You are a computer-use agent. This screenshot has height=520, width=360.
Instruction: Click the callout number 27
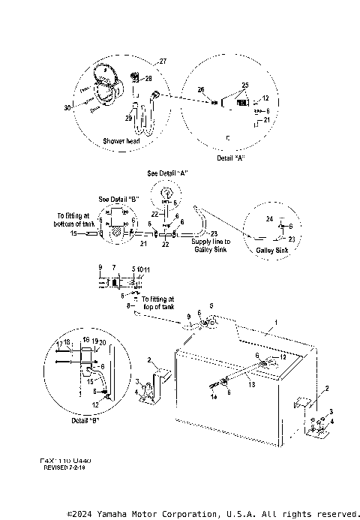pyautogui.click(x=164, y=61)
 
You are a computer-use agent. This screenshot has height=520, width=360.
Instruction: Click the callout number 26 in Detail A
pyautogui.click(x=200, y=90)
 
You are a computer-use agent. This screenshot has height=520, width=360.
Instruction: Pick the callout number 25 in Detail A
pyautogui.click(x=244, y=85)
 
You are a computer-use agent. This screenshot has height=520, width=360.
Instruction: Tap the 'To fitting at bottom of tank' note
pyautogui.click(x=73, y=219)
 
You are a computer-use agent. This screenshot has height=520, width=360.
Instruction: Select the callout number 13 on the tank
pyautogui.click(x=251, y=383)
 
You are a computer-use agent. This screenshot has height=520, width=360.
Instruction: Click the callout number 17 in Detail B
pyautogui.click(x=59, y=344)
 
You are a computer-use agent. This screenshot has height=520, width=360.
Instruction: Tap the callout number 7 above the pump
pyautogui.click(x=113, y=267)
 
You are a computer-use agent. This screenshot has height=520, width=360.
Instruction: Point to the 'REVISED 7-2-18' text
pyautogui.click(x=64, y=467)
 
